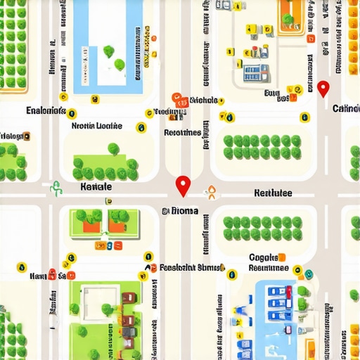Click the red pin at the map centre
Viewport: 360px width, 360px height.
pyautogui.click(x=183, y=184)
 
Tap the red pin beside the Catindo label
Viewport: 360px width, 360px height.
pyautogui.click(x=323, y=89)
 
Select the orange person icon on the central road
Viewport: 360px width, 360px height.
pyautogui.click(x=208, y=191)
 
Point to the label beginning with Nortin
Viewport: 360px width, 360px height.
pyautogui.click(x=96, y=127)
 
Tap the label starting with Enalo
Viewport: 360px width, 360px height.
pyautogui.click(x=45, y=111)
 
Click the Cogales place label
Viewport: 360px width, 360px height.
pyautogui.click(x=264, y=258)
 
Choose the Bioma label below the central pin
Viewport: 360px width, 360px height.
pyautogui.click(x=181, y=210)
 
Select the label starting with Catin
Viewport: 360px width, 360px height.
pyautogui.click(x=346, y=109)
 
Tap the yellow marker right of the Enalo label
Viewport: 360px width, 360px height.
pyautogui.click(x=72, y=113)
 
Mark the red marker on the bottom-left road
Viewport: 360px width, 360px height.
pyautogui.click(x=53, y=274)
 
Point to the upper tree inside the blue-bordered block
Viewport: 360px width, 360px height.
pyautogui.click(x=109, y=51)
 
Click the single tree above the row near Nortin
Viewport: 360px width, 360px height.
pyautogui.click(x=113, y=148)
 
